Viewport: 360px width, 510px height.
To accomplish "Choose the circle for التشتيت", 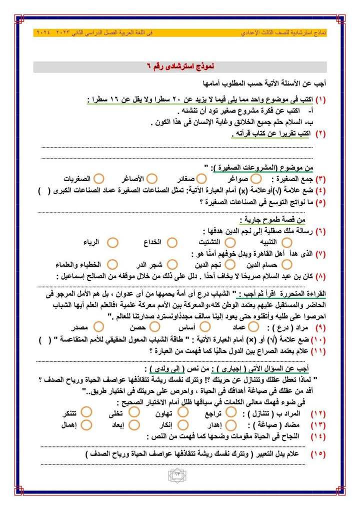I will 230,242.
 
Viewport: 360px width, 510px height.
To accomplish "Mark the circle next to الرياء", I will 113,242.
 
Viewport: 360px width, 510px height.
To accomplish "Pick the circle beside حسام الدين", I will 286,264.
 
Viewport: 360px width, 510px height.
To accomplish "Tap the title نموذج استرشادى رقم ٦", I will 180,67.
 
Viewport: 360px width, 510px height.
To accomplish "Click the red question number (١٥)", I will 318,454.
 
